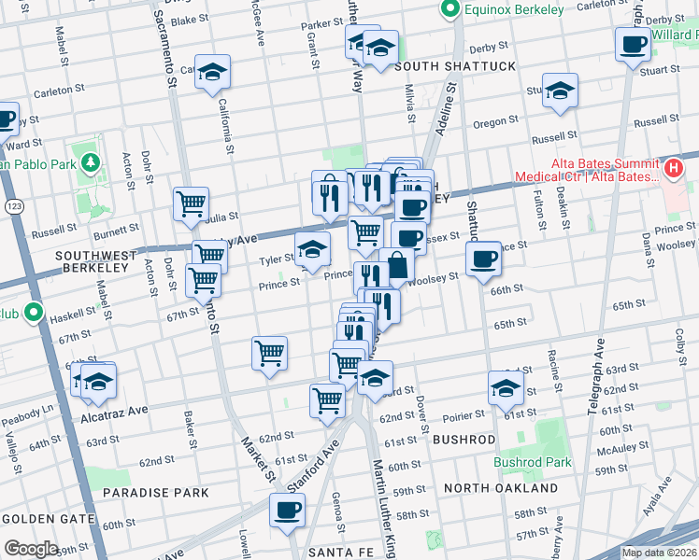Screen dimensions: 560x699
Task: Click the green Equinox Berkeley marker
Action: pos(450,9)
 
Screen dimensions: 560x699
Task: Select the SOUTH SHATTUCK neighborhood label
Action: pos(454,66)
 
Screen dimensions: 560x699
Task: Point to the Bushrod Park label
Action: pos(532,462)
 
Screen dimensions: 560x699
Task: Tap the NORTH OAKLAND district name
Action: pos(500,487)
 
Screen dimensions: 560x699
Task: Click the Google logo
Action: pos(31,549)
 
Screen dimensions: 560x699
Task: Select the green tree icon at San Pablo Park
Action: pos(90,164)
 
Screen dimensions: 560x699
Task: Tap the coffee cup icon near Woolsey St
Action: pos(483,257)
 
